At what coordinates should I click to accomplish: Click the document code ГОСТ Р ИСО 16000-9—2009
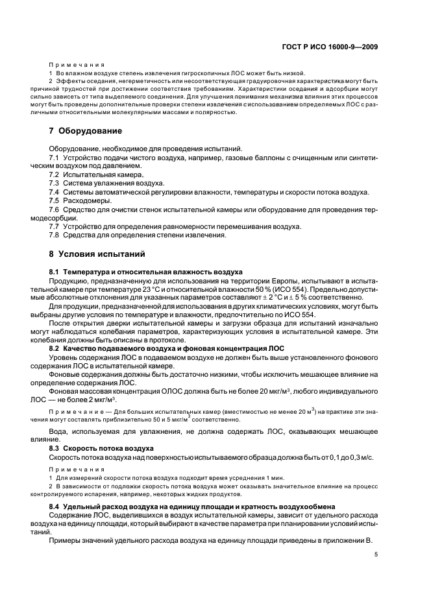tap(332, 46)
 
